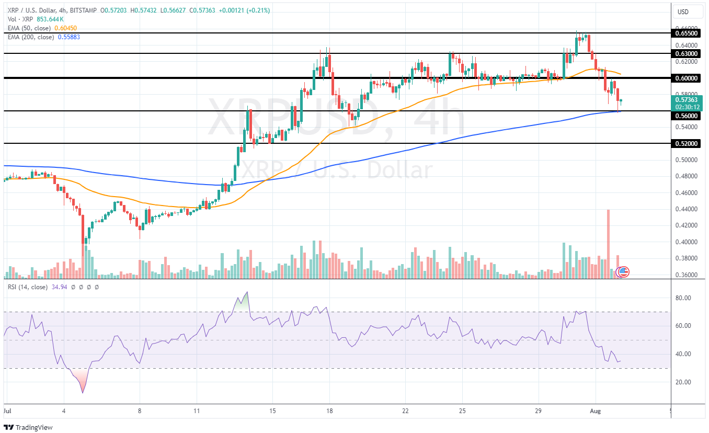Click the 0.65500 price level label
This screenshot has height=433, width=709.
pos(687,33)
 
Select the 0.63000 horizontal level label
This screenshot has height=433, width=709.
pos(687,53)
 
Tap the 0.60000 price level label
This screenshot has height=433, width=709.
pos(687,78)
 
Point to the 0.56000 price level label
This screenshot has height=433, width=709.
pos(687,116)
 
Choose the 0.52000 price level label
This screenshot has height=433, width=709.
pos(687,143)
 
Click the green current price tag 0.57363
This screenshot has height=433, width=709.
pos(687,99)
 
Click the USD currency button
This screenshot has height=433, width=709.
pos(683,12)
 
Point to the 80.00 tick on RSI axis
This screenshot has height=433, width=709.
pos(683,298)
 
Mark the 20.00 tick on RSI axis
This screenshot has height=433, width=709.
pos(683,382)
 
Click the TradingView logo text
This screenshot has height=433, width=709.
pos(34,427)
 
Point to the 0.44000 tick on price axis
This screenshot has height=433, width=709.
pos(685,209)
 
